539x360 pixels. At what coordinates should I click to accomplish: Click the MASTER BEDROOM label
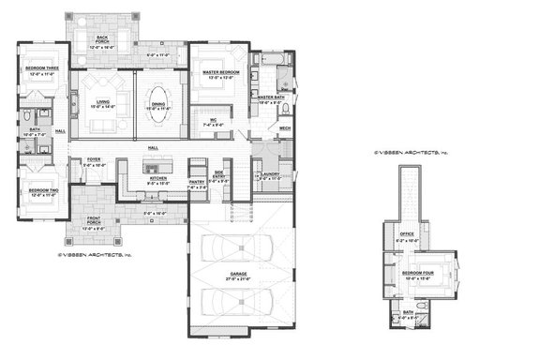(x=217, y=74)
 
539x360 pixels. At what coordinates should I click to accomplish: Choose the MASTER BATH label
(x=271, y=97)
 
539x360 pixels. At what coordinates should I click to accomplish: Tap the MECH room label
(x=285, y=128)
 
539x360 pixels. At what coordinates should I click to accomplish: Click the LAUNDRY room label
(x=271, y=174)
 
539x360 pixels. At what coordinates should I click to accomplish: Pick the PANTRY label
(x=198, y=185)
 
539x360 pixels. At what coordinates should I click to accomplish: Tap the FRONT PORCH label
(x=94, y=225)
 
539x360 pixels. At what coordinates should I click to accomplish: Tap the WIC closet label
(x=214, y=121)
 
